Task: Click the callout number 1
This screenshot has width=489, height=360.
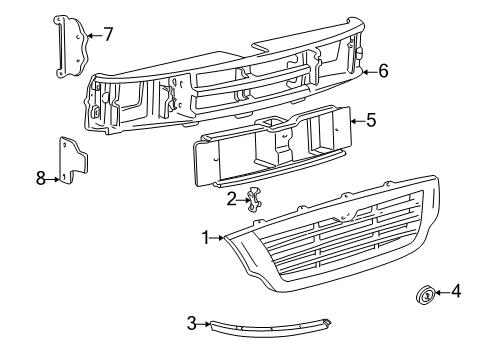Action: (x=206, y=238)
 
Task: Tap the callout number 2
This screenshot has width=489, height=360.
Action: (x=231, y=200)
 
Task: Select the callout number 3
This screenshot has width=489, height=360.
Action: (x=191, y=323)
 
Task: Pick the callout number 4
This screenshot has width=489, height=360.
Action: (x=456, y=292)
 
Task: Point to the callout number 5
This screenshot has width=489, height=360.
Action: (x=371, y=120)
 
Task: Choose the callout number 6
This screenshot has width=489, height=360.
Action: (x=383, y=71)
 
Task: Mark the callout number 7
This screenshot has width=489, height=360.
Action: (x=108, y=34)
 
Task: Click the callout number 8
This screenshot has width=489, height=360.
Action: (x=40, y=178)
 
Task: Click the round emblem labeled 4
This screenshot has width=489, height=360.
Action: (x=426, y=294)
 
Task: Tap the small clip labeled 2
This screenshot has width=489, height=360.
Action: (x=254, y=199)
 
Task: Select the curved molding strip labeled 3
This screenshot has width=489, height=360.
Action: (x=270, y=327)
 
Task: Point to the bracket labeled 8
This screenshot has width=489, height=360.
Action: (x=73, y=160)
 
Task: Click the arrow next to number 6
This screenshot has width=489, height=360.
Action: (x=370, y=71)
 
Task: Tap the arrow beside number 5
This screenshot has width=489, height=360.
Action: (x=358, y=121)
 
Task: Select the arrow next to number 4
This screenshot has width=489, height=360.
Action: (x=442, y=293)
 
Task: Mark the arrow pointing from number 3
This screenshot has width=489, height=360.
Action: (x=204, y=323)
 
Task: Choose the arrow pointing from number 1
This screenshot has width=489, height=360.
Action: (x=217, y=238)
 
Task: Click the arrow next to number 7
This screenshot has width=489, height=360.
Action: (x=95, y=35)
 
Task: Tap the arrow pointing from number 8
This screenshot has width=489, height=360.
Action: (x=53, y=179)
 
